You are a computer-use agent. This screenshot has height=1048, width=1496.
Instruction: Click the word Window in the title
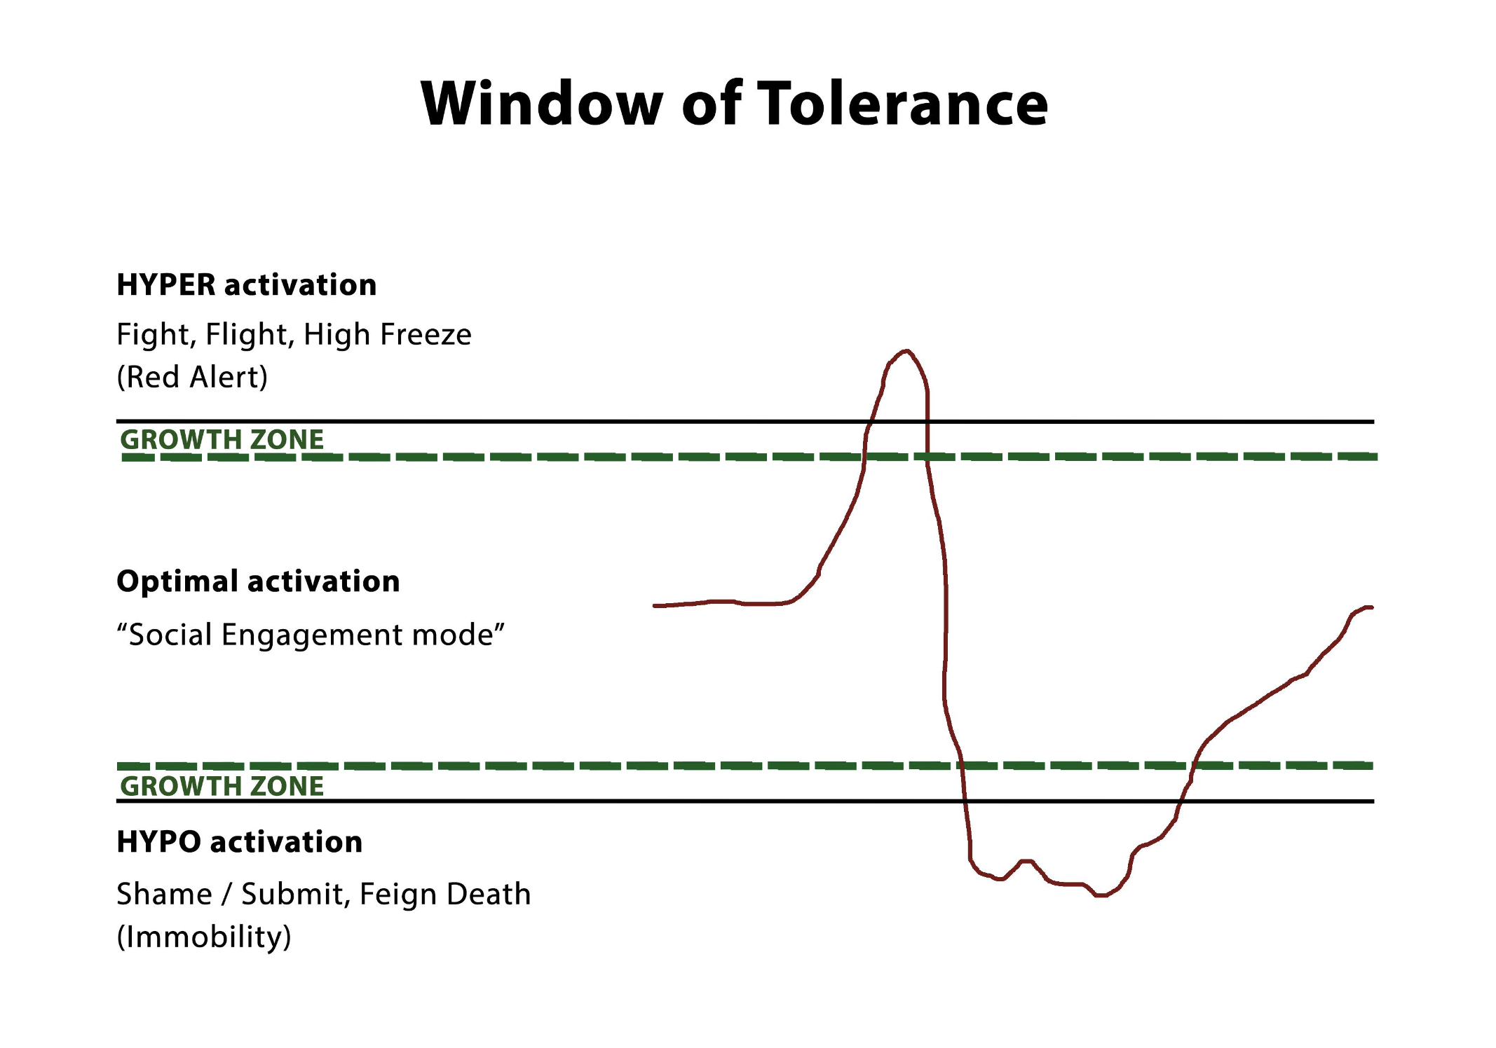pyautogui.click(x=541, y=104)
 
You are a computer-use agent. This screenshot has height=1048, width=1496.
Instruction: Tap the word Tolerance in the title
pyautogui.click(x=903, y=104)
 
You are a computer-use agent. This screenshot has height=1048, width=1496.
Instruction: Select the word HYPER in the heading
pyautogui.click(x=166, y=285)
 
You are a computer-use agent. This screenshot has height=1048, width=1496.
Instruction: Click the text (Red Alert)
pyautogui.click(x=192, y=377)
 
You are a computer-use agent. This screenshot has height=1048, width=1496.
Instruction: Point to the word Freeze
pyautogui.click(x=426, y=334)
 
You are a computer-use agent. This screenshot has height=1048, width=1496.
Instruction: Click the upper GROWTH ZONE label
pyautogui.click(x=222, y=439)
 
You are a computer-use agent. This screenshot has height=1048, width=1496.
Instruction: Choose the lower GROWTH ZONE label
pyautogui.click(x=222, y=786)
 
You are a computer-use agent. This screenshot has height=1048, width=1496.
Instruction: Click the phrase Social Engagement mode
pyautogui.click(x=311, y=635)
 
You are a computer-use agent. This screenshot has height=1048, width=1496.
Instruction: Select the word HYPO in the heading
pyautogui.click(x=159, y=842)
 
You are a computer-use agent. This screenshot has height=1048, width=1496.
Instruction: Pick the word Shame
pyautogui.click(x=164, y=894)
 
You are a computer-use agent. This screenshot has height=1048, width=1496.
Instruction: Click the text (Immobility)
pyautogui.click(x=203, y=937)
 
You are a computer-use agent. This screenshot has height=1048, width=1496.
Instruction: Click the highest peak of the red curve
pyautogui.click(x=906, y=351)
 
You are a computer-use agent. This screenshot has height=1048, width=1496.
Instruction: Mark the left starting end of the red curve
pyautogui.click(x=655, y=605)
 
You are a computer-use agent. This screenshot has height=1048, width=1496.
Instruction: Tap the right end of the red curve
pyautogui.click(x=1371, y=607)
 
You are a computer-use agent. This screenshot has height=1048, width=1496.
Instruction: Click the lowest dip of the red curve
pyautogui.click(x=1101, y=895)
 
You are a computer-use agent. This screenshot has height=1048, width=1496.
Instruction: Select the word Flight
pyautogui.click(x=249, y=334)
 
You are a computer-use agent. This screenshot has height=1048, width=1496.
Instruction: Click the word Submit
pyautogui.click(x=294, y=894)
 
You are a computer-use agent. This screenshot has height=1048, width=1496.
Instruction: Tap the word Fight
pyautogui.click(x=156, y=334)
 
